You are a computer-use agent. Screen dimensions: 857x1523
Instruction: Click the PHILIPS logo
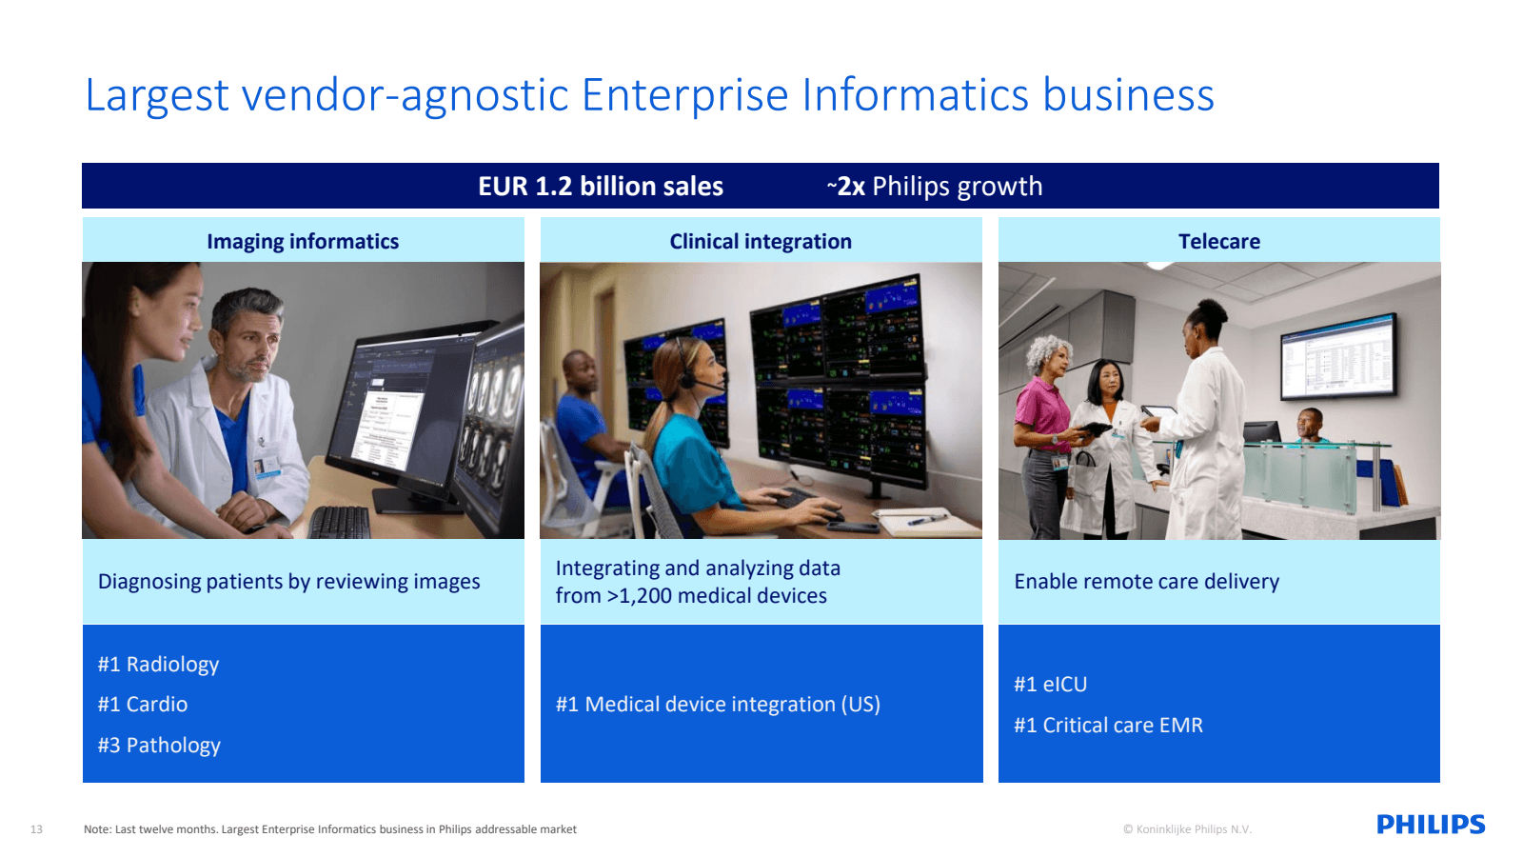(1430, 825)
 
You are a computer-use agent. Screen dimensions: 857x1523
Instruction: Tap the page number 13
(36, 829)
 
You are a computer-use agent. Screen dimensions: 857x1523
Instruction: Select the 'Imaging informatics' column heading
(303, 242)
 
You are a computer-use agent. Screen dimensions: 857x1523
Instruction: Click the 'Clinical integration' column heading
(761, 242)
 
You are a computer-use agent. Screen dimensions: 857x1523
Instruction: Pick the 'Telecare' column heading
(1218, 242)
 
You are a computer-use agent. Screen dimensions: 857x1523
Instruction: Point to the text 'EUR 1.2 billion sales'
(601, 187)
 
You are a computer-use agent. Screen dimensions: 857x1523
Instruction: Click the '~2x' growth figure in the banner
(846, 187)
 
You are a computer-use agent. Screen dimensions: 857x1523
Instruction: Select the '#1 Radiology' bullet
(158, 665)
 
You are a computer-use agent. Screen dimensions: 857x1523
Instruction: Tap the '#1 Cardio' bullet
(143, 705)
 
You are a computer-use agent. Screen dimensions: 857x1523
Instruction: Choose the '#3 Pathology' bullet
(159, 746)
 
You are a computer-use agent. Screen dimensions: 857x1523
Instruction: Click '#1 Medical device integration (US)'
(718, 705)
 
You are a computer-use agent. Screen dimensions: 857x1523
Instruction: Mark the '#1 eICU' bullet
(1050, 685)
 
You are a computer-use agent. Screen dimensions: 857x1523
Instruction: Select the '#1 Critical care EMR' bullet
(1108, 726)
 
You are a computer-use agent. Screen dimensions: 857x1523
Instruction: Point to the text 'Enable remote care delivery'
(1146, 582)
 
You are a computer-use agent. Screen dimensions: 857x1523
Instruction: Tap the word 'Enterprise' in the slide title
(685, 95)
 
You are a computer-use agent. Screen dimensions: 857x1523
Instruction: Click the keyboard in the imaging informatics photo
(340, 522)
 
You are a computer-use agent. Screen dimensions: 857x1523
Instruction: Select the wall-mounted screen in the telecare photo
(1338, 355)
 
